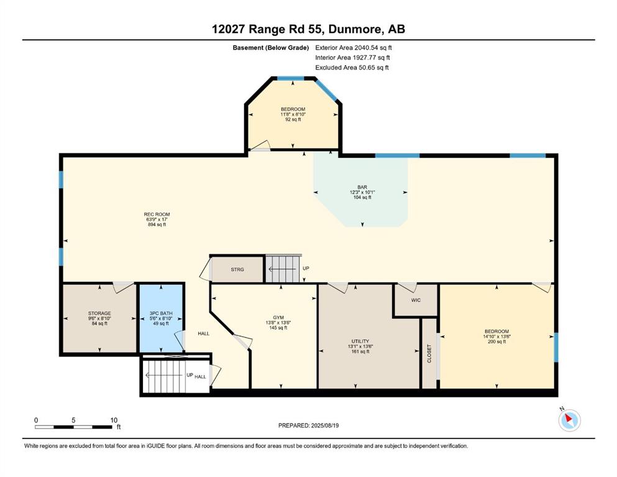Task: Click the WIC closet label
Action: pos(416,300)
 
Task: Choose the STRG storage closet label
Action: pos(237,270)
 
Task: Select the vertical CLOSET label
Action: pos(429,354)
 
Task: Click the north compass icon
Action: pos(569,420)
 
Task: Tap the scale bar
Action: pos(75,427)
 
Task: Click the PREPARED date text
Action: pos(308,425)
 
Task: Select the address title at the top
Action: pos(308,29)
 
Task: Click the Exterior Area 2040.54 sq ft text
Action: pos(354,48)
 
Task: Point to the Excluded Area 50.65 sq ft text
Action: pos(352,67)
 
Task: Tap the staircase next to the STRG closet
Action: pos(283,268)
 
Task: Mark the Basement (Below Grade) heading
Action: pos(271,48)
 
